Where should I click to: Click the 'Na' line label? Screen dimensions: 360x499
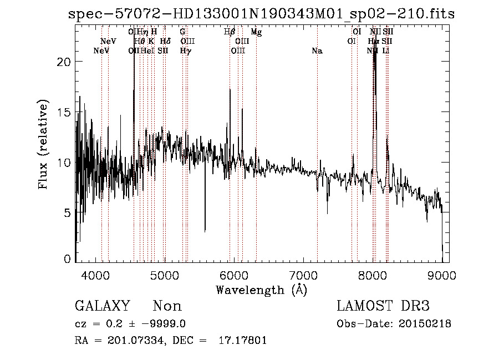point(317,51)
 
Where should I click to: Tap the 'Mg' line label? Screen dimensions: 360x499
point(256,32)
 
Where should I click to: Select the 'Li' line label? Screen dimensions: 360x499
point(386,51)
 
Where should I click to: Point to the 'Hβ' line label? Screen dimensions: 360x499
point(230,32)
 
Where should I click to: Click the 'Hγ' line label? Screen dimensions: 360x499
point(186,51)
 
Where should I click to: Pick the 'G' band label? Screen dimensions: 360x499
point(182,32)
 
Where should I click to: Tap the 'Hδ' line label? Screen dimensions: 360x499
point(165,42)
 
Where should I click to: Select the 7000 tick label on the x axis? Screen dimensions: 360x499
point(303,274)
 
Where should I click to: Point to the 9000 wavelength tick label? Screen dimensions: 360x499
point(441,274)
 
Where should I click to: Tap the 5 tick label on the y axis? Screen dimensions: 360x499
point(67,212)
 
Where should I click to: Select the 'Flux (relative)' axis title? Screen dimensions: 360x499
point(43,144)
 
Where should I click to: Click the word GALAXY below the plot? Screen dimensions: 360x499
point(102,306)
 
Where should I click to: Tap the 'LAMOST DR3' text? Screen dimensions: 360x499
point(383,306)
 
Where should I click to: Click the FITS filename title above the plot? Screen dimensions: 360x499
point(261,14)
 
